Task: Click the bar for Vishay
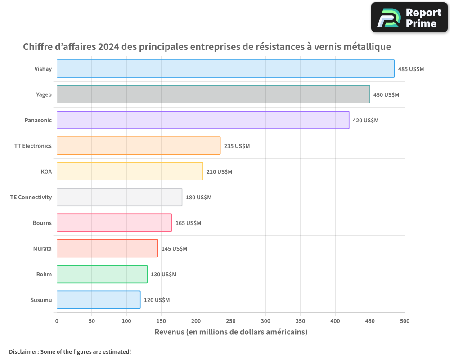point(225,68)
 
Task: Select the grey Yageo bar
point(213,94)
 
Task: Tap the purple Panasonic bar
point(203,120)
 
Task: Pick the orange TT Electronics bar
point(139,145)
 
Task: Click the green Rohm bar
point(102,274)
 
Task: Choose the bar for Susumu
point(99,300)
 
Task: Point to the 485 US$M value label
point(411,69)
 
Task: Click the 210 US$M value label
point(219,171)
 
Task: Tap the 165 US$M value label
point(188,223)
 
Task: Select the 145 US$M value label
point(174,248)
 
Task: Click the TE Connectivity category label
point(31,197)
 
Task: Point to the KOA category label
point(46,171)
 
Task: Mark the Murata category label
point(42,248)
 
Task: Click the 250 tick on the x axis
point(231,321)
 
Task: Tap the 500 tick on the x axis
point(405,321)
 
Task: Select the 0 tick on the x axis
point(57,321)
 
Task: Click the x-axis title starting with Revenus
point(231,332)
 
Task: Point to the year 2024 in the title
point(108,46)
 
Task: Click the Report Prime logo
point(409,18)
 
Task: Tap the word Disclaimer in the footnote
point(24,351)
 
